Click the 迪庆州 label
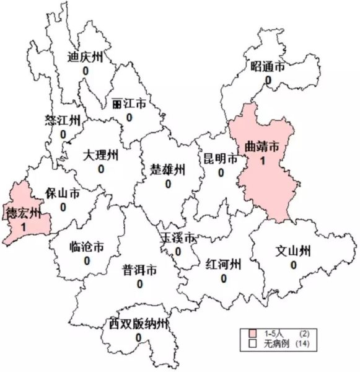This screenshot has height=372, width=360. click(84, 57)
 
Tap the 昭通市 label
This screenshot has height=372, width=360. click(268, 67)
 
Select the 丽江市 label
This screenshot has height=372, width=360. click(129, 104)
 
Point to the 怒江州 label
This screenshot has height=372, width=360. click(63, 120)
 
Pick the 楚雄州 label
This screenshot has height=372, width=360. click(168, 169)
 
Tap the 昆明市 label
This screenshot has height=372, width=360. click(221, 159)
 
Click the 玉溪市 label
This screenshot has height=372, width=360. click(178, 238)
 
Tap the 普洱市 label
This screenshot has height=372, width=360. click(139, 270)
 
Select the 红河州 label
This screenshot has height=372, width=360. click(222, 265)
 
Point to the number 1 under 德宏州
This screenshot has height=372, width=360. click(23, 228)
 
